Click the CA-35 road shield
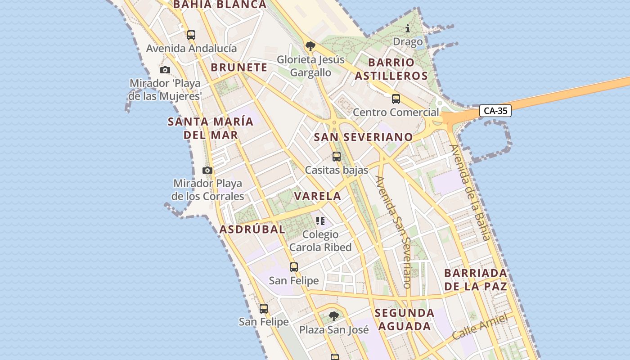[495, 111]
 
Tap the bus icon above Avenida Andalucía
[191, 35]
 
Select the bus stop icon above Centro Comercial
[396, 99]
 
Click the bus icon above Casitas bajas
[337, 157]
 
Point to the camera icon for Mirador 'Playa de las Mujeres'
[165, 70]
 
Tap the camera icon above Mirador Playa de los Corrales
[207, 170]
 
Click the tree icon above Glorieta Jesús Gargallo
[310, 46]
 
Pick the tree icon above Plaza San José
[333, 316]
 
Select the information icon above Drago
[408, 29]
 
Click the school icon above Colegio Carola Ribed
[320, 220]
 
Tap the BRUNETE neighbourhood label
[239, 67]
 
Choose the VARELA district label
[317, 196]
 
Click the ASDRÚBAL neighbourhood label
[252, 229]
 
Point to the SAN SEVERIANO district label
[363, 137]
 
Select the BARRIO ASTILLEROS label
[391, 69]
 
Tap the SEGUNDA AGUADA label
[405, 319]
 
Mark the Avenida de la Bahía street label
[469, 192]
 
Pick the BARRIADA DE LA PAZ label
[476, 279]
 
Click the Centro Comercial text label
[396, 112]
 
